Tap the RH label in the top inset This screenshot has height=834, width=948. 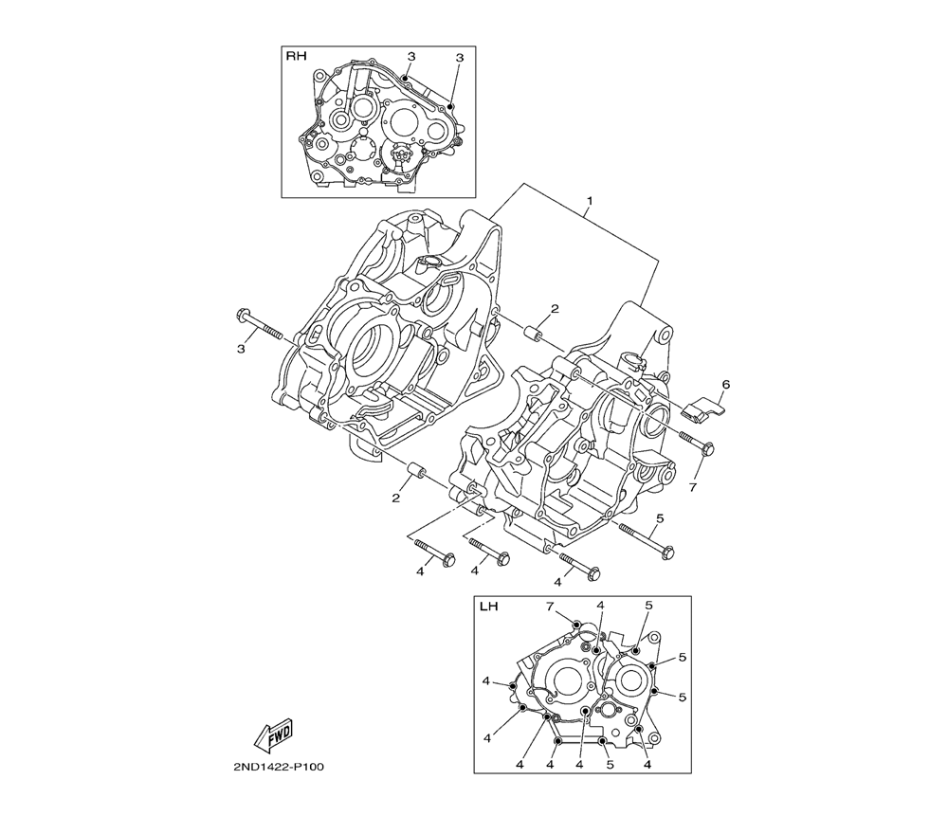point(297,57)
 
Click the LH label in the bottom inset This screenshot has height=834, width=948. point(489,607)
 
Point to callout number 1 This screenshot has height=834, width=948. point(589,202)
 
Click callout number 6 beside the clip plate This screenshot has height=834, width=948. point(725,385)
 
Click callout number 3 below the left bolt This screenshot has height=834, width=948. point(241,349)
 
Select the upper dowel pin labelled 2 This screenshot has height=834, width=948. point(535,334)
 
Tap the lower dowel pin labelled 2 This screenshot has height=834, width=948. point(414,471)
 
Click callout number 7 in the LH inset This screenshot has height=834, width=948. point(549,606)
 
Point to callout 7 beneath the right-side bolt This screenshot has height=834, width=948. point(693,487)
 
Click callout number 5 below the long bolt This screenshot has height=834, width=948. point(660,517)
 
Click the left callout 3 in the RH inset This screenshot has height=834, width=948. point(411,57)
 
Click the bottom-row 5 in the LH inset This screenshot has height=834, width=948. point(610,764)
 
